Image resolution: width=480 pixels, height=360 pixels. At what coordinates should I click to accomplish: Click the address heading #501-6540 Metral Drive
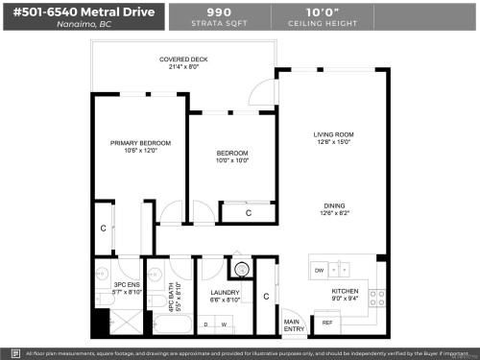pos(84,15)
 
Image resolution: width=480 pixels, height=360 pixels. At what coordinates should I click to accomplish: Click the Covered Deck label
pos(183,60)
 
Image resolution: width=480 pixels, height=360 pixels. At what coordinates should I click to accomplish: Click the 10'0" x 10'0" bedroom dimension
pos(232,160)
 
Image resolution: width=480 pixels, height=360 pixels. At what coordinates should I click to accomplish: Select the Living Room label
pos(334,134)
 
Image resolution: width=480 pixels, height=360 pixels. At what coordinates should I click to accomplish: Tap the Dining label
pos(334,205)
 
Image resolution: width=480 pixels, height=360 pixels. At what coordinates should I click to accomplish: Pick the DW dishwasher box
pos(319,271)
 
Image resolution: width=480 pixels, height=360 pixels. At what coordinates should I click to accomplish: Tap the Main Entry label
pos(293,324)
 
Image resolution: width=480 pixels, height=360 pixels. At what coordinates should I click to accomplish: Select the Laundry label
pos(224,292)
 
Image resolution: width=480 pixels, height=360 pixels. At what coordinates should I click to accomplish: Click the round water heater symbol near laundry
pos(241,270)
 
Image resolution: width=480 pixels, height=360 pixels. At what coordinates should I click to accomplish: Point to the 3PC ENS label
pos(128,285)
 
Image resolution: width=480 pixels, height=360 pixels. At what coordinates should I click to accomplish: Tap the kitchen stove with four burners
pos(381,298)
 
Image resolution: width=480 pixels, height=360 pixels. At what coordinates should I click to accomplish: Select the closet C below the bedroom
pos(249,213)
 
